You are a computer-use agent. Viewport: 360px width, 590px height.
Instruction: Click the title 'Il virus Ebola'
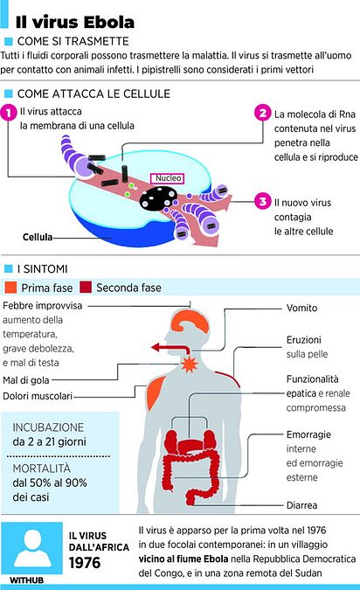click(75, 23)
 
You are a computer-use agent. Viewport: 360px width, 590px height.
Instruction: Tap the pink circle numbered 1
click(9, 113)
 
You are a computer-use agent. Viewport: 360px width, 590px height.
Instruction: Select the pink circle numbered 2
click(262, 113)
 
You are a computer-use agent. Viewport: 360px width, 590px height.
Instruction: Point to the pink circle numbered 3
click(262, 201)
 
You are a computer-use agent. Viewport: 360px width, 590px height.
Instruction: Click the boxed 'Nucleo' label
click(168, 178)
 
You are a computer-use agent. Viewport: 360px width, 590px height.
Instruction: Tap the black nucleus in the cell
click(159, 198)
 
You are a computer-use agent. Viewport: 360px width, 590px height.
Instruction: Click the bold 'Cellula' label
click(38, 237)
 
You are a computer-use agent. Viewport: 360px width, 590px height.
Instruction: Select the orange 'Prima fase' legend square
click(10, 288)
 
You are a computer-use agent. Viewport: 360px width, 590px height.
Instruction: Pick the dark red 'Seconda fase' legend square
click(86, 288)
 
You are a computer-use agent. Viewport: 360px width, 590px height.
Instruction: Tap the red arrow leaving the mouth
click(170, 348)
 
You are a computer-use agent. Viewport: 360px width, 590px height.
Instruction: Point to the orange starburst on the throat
click(190, 364)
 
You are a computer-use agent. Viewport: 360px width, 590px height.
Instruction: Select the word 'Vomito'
click(301, 308)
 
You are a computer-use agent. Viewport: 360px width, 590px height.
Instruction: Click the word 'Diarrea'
click(301, 505)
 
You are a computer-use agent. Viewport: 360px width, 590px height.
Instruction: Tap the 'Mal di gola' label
click(26, 380)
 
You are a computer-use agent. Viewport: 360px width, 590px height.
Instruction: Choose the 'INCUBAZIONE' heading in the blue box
click(48, 427)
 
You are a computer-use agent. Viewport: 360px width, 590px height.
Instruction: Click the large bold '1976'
click(85, 563)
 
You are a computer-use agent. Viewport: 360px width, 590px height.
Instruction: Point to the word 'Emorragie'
click(308, 434)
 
